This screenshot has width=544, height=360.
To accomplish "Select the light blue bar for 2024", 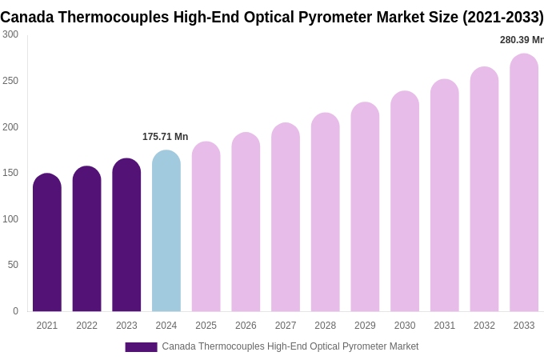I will [166, 231].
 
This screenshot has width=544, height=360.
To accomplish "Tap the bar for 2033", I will [524, 183].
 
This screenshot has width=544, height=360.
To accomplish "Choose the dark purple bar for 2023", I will [126, 235].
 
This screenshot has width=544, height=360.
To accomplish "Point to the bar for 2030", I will [405, 202].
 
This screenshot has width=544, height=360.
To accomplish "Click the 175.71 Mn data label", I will [165, 137].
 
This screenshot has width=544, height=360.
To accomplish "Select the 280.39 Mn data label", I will [522, 40].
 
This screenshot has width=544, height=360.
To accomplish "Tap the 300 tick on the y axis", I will [10, 34].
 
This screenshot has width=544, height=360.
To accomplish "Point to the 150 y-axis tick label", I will [10, 173].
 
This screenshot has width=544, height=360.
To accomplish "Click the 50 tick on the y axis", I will [13, 265].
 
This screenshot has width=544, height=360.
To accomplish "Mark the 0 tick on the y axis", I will [15, 311].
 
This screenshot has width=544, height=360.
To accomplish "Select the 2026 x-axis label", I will [246, 326].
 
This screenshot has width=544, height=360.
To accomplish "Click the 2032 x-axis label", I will [484, 326].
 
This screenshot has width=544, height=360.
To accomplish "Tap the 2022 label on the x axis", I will [86, 326].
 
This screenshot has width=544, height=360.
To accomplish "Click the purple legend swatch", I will [141, 347].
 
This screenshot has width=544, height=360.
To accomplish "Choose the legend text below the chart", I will [290, 346].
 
